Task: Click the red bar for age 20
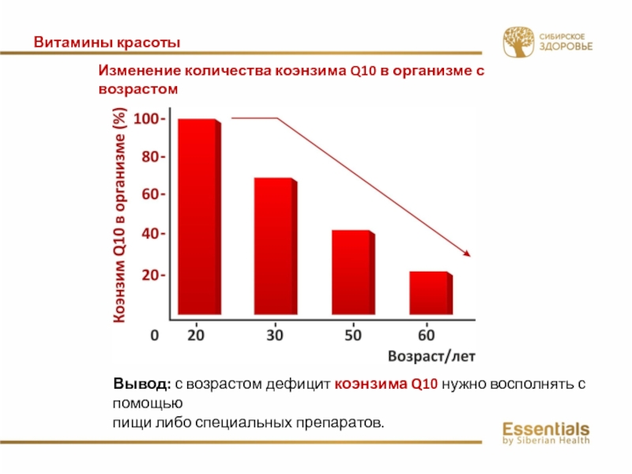(x=197, y=217)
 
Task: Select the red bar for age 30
(x=274, y=246)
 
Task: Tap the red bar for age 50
(x=352, y=273)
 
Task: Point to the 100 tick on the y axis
(x=149, y=119)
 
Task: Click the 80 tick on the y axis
(x=152, y=157)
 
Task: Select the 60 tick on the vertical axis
(x=152, y=194)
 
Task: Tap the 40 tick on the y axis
(x=152, y=234)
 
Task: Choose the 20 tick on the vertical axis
(x=152, y=275)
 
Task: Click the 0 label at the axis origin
(x=154, y=335)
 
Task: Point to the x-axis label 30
(x=274, y=335)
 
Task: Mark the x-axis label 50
(x=352, y=335)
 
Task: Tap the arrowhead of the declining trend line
(x=467, y=253)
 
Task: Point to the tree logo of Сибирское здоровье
(x=518, y=43)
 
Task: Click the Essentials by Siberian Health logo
(x=546, y=433)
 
